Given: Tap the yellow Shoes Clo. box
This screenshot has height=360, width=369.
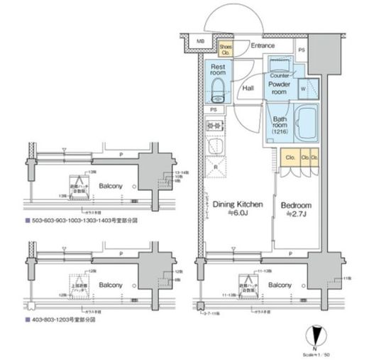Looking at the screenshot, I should coord(225,48).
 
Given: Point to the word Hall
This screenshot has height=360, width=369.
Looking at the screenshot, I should coord(248,89).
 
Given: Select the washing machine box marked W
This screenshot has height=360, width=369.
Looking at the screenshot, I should coord(304,89).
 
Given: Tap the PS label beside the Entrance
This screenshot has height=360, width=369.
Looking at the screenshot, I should coord(302,50).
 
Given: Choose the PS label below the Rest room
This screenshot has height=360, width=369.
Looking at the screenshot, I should coord(214,111).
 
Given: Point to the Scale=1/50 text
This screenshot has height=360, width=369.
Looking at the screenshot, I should coord(316,351).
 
